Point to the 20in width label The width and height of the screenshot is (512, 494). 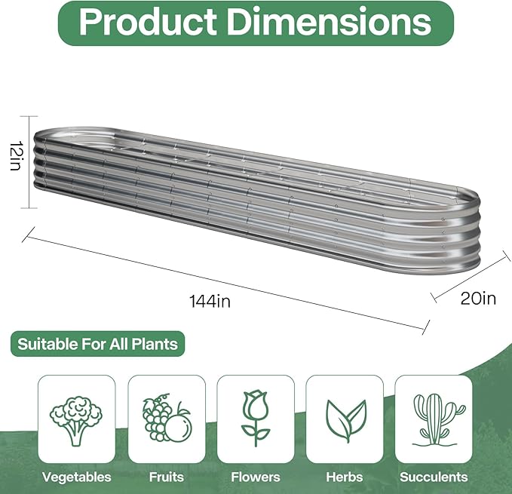point(478,298)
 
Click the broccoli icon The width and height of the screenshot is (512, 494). point(76,418)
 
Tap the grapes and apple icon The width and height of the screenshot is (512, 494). point(166,418)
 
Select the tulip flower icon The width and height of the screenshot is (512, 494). point(256,418)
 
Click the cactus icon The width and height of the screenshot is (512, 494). point(434,418)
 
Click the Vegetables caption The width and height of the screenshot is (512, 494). point(76,477)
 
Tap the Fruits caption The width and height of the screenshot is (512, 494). point(166,477)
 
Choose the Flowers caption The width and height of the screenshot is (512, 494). point(256,477)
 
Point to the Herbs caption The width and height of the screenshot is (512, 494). point(345,477)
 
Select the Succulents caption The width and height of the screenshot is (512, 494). point(434,477)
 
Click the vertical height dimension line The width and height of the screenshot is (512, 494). point(29,162)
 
